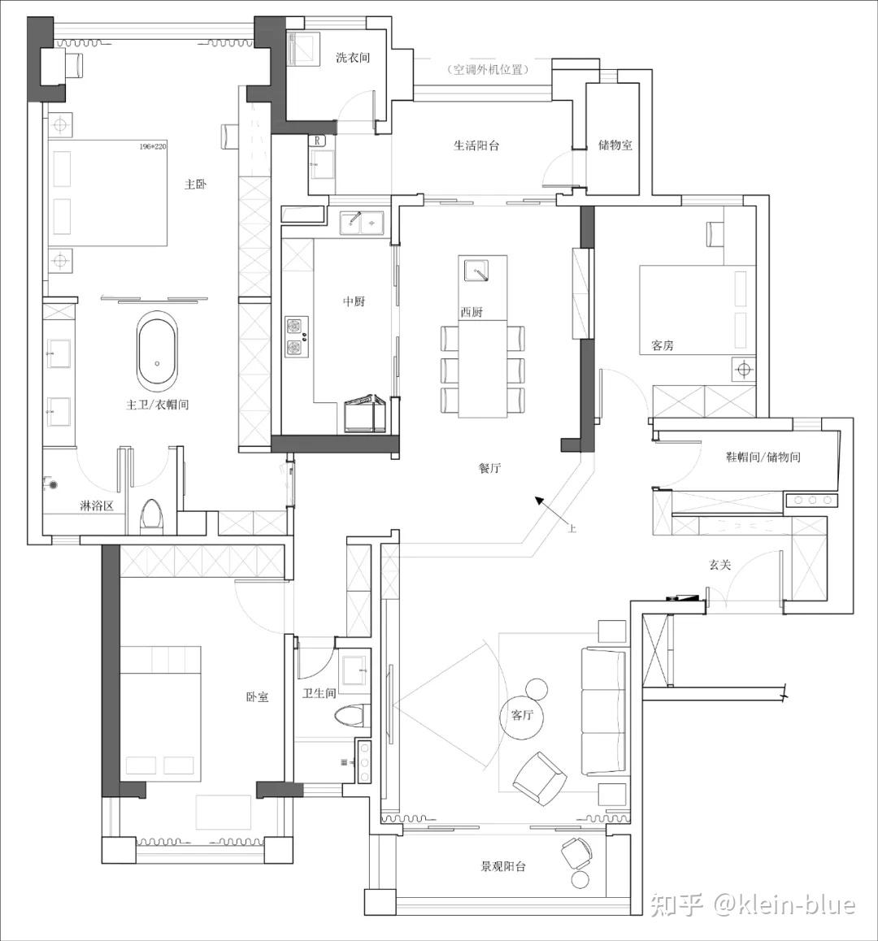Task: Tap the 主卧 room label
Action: click(x=196, y=184)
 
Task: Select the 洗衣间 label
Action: click(x=353, y=58)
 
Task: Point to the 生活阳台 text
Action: click(x=476, y=146)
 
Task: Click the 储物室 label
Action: click(x=615, y=145)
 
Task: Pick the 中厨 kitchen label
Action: click(x=354, y=302)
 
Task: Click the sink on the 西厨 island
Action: click(x=477, y=269)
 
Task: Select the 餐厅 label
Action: click(x=489, y=468)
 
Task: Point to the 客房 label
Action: click(x=663, y=346)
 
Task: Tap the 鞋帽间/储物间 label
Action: click(x=763, y=457)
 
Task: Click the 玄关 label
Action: click(x=719, y=565)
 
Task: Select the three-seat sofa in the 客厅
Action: click(x=604, y=711)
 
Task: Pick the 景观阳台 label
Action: click(x=503, y=866)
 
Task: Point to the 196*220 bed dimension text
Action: click(x=152, y=146)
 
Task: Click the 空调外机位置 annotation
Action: click(x=488, y=70)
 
